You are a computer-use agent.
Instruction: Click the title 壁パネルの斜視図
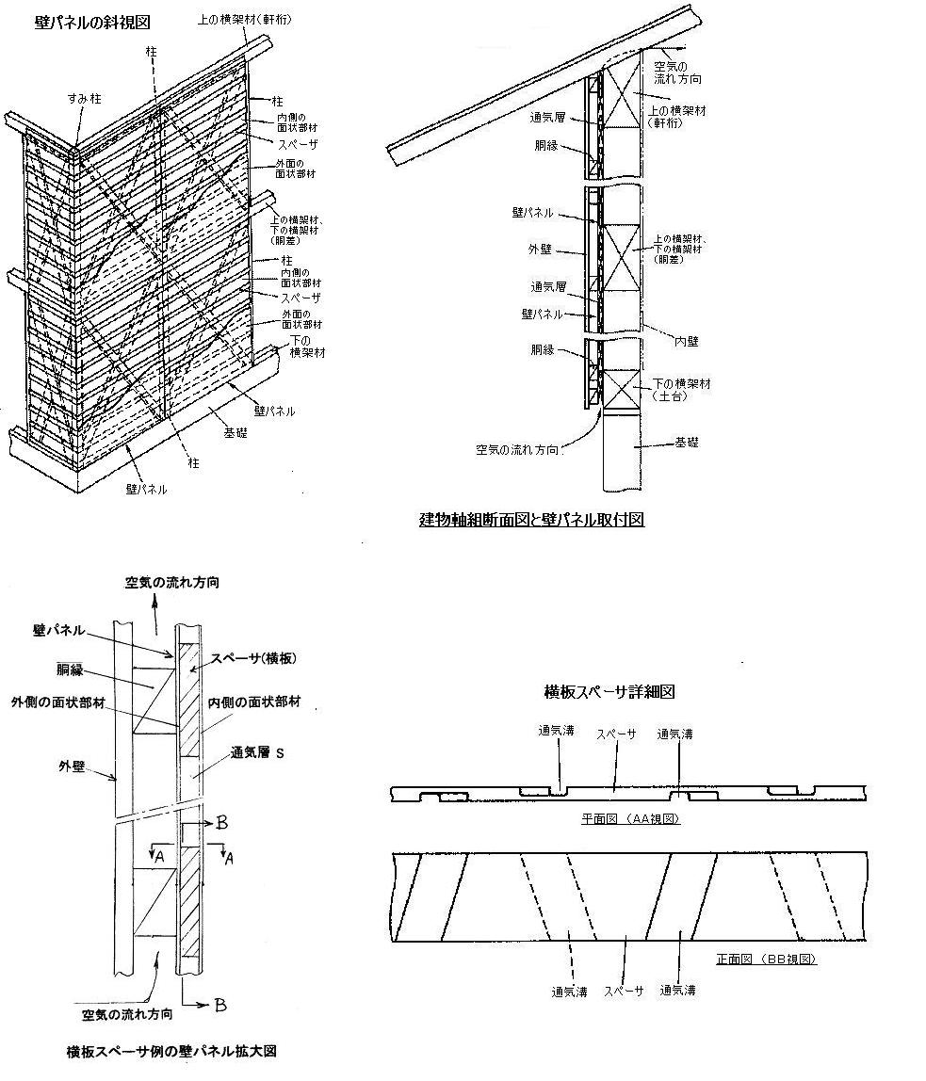(x=79, y=20)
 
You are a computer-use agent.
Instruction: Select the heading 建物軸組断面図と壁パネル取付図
(x=531, y=519)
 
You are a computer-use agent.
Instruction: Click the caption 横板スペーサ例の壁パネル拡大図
(x=171, y=1051)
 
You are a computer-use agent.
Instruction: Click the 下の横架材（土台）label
(x=681, y=390)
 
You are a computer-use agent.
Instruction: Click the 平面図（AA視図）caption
(x=631, y=819)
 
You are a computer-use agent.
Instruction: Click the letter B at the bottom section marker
(x=219, y=1006)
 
